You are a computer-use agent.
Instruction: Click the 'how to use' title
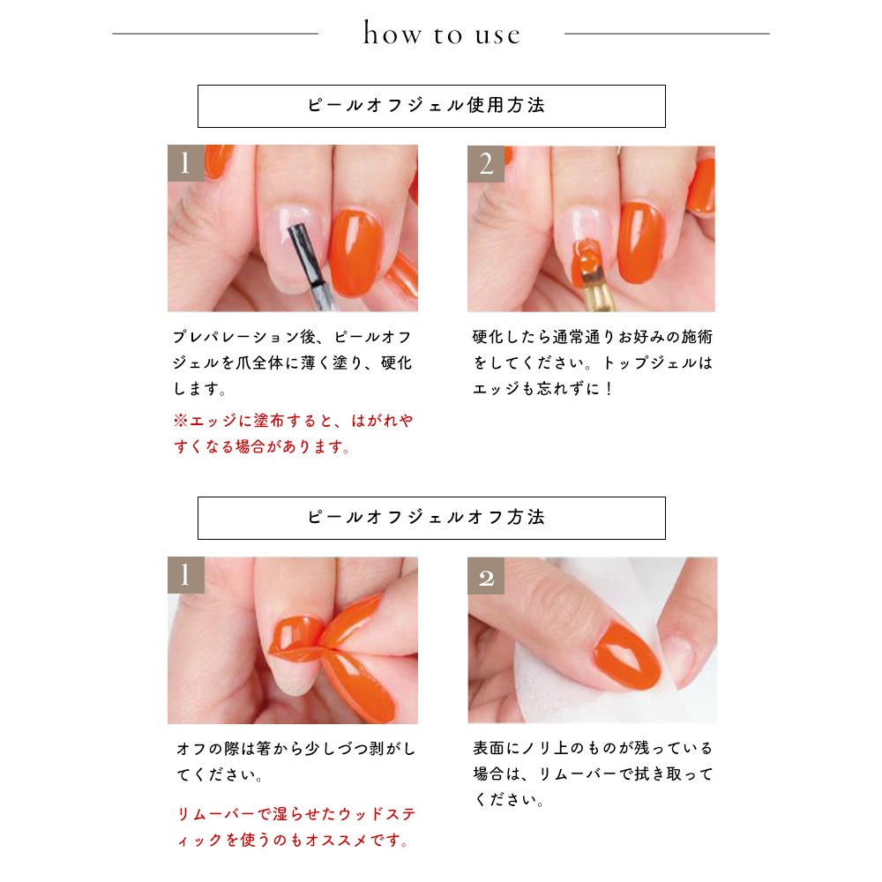(442, 34)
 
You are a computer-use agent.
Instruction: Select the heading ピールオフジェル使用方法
(426, 105)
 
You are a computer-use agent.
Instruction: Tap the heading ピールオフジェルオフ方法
(426, 517)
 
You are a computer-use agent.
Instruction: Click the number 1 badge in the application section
(185, 163)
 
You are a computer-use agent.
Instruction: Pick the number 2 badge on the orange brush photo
(485, 164)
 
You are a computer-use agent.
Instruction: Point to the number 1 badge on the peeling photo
(185, 575)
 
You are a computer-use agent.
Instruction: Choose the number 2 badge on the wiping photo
(485, 576)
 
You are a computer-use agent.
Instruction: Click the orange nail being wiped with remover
(626, 655)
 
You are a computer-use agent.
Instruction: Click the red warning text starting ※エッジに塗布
(293, 433)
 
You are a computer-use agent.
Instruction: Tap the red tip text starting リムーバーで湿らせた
(295, 827)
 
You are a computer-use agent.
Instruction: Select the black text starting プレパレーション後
(293, 363)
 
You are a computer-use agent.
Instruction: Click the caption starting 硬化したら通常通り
(593, 363)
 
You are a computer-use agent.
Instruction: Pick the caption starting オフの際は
(295, 762)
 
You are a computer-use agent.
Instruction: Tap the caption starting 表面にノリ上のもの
(593, 774)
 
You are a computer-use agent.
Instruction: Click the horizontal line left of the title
(215, 34)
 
